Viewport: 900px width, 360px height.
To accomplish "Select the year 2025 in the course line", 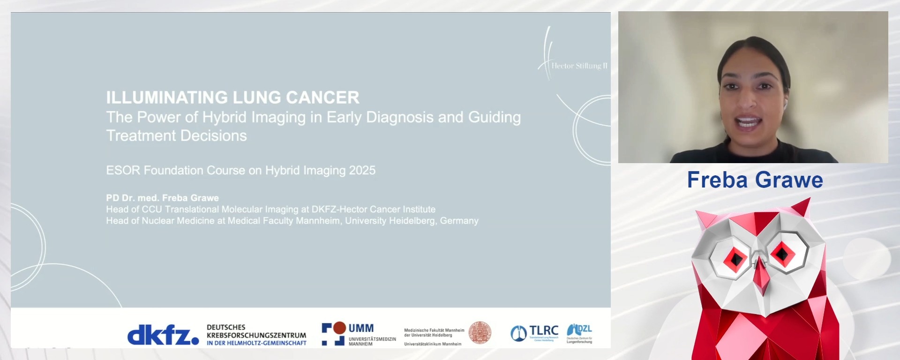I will [x=362, y=170].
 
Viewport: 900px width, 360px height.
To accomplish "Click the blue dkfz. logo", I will [x=163, y=335].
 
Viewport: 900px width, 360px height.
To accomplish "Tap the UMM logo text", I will [x=361, y=328].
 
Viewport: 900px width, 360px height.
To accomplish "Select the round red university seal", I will [x=480, y=332].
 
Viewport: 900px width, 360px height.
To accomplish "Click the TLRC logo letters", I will [x=544, y=331].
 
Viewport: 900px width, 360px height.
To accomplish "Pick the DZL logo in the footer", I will [x=579, y=330].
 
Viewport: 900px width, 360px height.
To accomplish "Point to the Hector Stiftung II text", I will [x=579, y=66].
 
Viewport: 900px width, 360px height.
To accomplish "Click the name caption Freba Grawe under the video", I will [x=755, y=180].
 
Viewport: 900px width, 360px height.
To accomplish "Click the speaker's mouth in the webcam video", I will [x=749, y=123].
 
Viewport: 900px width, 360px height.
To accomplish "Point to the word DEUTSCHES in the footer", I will [x=226, y=327].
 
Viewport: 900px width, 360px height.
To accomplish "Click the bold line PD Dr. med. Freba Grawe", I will [x=162, y=198].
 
